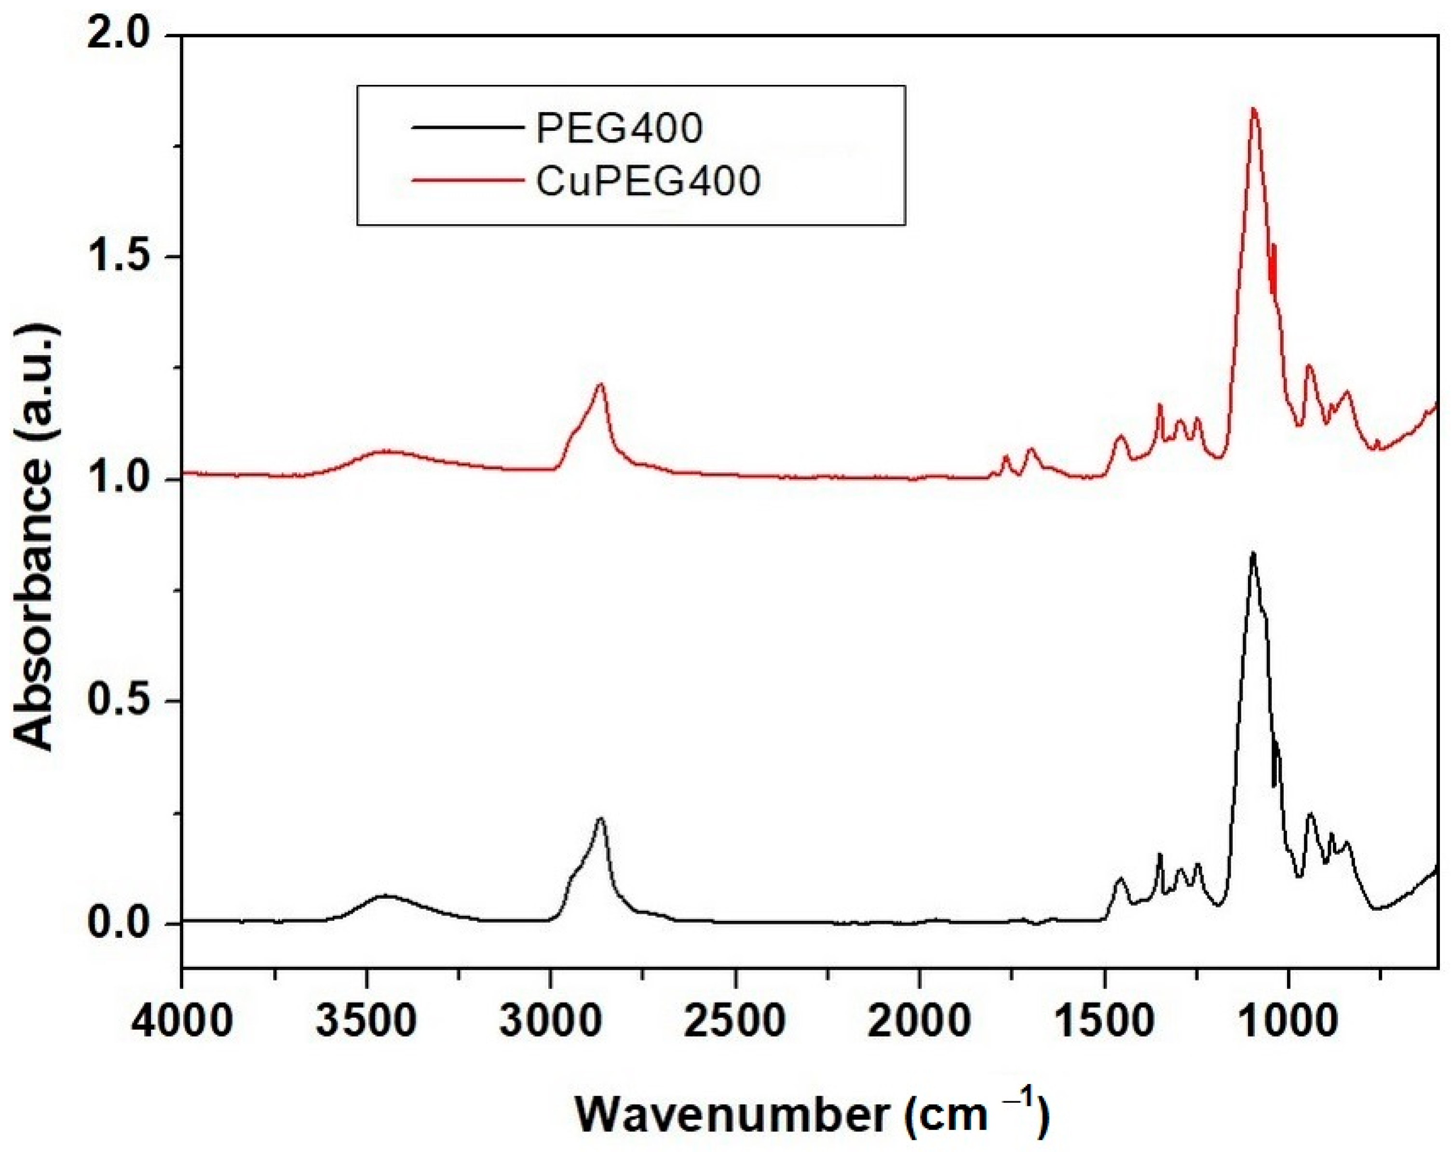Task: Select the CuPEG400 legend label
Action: (x=648, y=180)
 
